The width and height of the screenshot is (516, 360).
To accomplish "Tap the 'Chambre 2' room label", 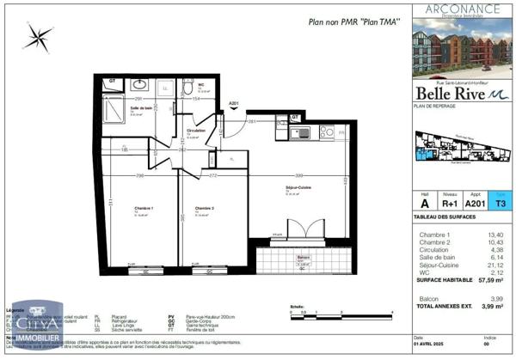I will click(x=204, y=209).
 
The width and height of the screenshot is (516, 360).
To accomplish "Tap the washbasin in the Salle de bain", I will click(x=140, y=86).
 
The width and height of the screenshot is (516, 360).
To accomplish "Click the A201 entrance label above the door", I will click(x=233, y=104).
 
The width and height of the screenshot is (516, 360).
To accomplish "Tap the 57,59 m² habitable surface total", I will click(x=488, y=279).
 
